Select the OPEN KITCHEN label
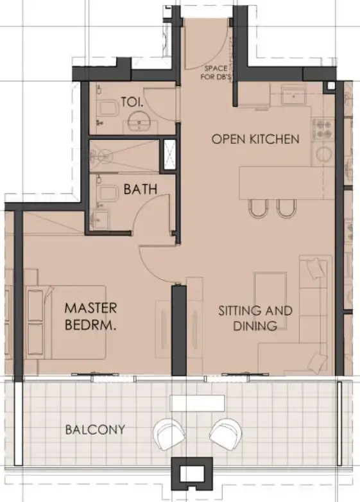click(255, 139)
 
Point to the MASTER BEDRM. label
click(90, 317)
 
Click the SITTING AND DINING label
click(255, 318)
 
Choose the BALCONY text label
click(95, 429)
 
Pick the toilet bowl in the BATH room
click(101, 187)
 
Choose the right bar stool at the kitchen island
click(285, 208)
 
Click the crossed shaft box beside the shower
click(169, 155)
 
